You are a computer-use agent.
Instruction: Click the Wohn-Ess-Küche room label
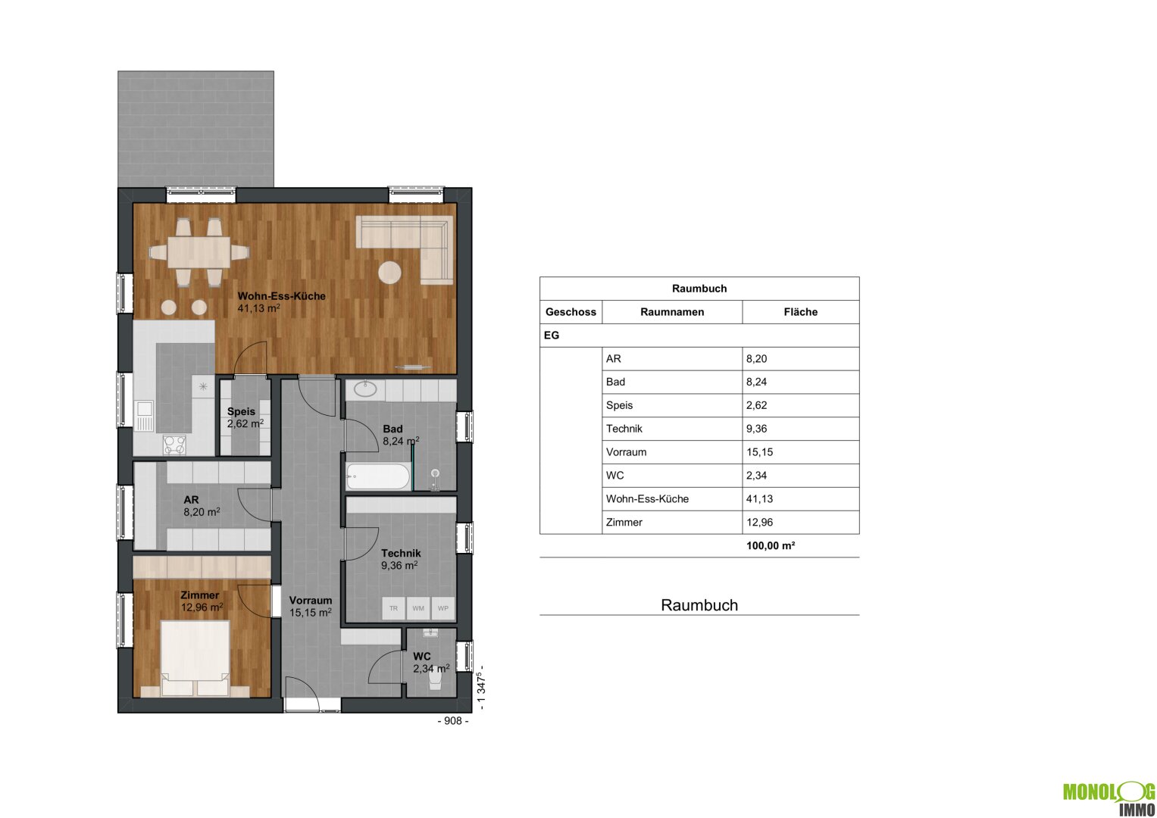(282, 296)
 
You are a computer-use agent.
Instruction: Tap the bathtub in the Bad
(378, 476)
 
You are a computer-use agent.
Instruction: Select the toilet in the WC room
(435, 680)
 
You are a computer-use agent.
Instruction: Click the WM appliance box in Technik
(417, 607)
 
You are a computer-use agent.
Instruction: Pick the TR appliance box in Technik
(393, 607)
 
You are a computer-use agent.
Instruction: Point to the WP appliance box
(442, 607)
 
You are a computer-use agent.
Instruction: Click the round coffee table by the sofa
(389, 272)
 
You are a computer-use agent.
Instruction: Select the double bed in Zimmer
(195, 658)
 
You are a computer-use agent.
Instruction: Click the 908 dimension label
(453, 721)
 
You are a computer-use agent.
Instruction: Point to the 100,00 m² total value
(771, 545)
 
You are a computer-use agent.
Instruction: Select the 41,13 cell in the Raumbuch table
(760, 499)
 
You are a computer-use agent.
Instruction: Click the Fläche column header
(801, 312)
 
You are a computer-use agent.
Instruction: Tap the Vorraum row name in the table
(626, 452)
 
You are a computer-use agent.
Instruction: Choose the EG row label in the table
(551, 335)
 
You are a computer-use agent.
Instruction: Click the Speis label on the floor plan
(241, 411)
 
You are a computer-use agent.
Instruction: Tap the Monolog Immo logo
(1109, 798)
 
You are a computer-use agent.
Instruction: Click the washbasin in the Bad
(365, 389)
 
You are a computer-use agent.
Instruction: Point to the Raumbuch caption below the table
(699, 605)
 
